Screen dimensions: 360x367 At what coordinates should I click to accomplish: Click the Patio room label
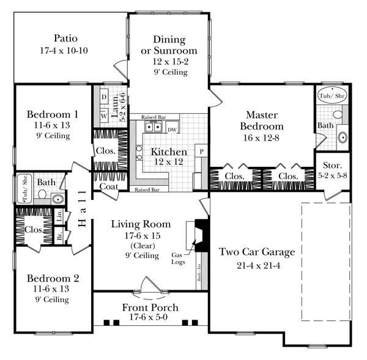[71, 38]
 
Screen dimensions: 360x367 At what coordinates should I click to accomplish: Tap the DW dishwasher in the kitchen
[172, 129]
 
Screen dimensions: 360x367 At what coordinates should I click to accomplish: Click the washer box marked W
[104, 114]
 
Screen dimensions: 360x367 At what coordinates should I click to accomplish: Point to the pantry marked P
[200, 150]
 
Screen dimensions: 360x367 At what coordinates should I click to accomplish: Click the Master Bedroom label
[262, 120]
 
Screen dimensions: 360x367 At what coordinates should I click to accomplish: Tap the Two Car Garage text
[257, 251]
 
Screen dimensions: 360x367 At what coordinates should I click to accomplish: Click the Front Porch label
[150, 307]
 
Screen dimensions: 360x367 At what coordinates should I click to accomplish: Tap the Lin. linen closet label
[59, 215]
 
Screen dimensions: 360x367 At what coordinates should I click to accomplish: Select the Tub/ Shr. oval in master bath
[330, 96]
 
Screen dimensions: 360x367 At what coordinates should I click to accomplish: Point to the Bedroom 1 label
[53, 114]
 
